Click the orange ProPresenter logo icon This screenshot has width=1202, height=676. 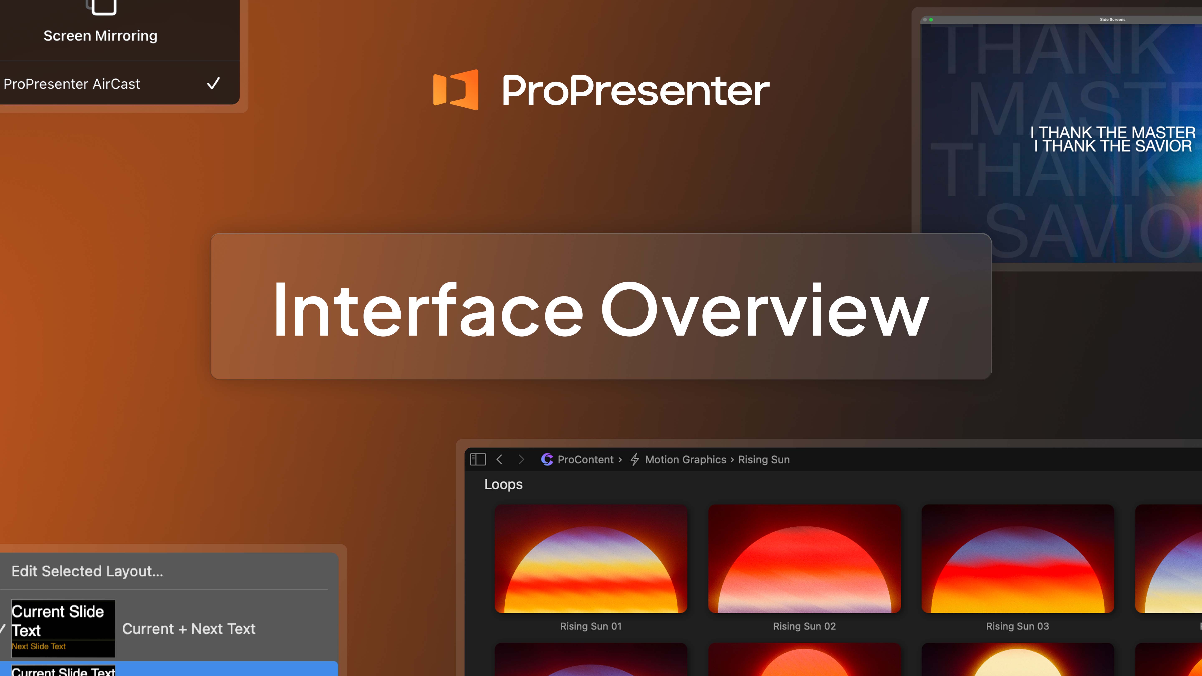pyautogui.click(x=455, y=90)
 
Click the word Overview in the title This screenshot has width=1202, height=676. pyautogui.click(x=764, y=310)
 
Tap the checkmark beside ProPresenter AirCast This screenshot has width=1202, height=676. pyautogui.click(x=213, y=83)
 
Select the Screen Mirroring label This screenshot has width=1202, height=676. pyautogui.click(x=100, y=36)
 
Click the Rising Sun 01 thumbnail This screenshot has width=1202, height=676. pyautogui.click(x=591, y=559)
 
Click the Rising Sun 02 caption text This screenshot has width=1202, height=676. pyautogui.click(x=804, y=626)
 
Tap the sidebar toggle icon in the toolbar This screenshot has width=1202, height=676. pyautogui.click(x=478, y=459)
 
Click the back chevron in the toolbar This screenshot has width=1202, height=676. pyautogui.click(x=499, y=459)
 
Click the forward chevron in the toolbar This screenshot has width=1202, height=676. pyautogui.click(x=521, y=459)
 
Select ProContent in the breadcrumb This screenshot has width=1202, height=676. pyautogui.click(x=585, y=459)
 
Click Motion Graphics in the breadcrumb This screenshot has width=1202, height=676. pyautogui.click(x=686, y=459)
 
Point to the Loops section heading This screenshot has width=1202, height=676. pyautogui.click(x=503, y=484)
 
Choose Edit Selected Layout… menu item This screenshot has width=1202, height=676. pyautogui.click(x=87, y=571)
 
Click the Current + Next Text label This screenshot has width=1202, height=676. pyautogui.click(x=188, y=629)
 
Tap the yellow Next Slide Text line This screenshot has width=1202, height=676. pyautogui.click(x=39, y=646)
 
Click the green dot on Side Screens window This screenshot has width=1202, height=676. pyautogui.click(x=931, y=20)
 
